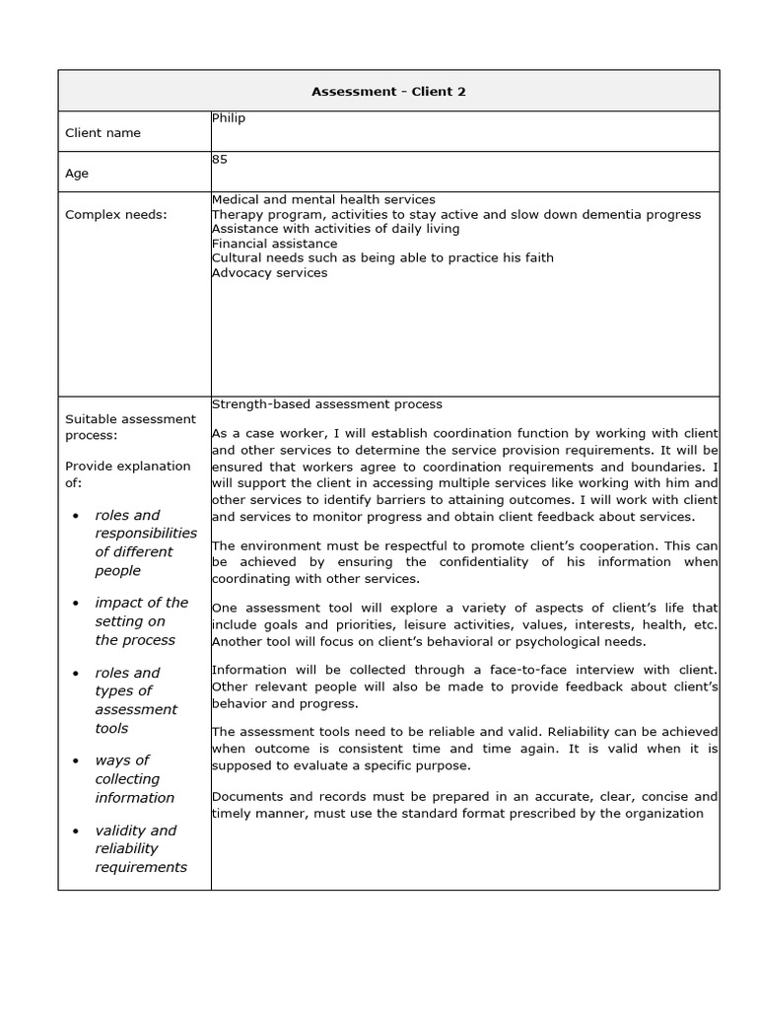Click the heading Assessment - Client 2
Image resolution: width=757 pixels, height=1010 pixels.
388,92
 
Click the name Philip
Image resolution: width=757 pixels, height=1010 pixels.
229,118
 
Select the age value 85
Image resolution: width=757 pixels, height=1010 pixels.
220,159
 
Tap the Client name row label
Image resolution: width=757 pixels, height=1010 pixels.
103,133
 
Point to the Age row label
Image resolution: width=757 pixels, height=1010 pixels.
77,174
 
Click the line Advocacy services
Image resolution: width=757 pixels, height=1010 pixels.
269,272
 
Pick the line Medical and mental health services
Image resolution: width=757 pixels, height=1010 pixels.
323,199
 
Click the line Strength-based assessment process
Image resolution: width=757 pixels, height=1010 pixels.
327,404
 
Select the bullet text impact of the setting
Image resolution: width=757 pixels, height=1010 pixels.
141,621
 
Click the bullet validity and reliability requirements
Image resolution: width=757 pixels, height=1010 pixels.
141,848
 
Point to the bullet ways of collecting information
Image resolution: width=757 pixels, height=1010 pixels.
134,778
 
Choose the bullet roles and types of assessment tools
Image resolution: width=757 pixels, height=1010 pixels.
136,700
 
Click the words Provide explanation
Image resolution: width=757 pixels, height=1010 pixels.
128,466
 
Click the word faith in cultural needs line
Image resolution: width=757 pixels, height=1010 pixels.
536,258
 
